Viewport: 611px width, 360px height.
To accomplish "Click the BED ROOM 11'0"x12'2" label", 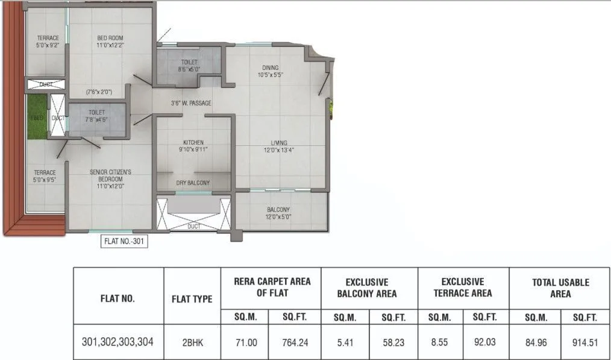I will pyautogui.click(x=110, y=41).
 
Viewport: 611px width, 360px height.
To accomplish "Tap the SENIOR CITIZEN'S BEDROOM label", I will pyautogui.click(x=110, y=175).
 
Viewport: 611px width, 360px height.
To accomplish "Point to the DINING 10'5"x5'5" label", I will pyautogui.click(x=270, y=71).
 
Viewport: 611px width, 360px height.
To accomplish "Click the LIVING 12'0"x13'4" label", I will pyautogui.click(x=278, y=146).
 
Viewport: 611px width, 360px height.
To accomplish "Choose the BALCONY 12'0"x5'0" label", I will pyautogui.click(x=278, y=213).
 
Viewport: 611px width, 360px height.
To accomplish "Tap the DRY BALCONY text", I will pyautogui.click(x=193, y=183).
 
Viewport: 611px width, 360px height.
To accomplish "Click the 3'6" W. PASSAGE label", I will pyautogui.click(x=190, y=103).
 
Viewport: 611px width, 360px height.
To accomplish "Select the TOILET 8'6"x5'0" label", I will pyautogui.click(x=189, y=66).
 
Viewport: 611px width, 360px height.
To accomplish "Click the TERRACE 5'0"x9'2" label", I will pyautogui.click(x=48, y=41).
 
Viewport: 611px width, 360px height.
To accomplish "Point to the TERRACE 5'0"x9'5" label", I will pyautogui.click(x=45, y=175).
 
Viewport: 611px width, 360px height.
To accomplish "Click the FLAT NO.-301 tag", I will pyautogui.click(x=124, y=242).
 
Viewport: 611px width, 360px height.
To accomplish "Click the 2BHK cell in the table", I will pyautogui.click(x=192, y=343).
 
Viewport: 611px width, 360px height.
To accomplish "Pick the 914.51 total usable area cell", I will pyautogui.click(x=585, y=343).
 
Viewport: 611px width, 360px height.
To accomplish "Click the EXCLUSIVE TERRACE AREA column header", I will pyautogui.click(x=463, y=288).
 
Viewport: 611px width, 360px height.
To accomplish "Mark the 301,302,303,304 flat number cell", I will pyautogui.click(x=118, y=342).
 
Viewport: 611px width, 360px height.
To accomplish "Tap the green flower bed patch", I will pyautogui.click(x=36, y=118).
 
